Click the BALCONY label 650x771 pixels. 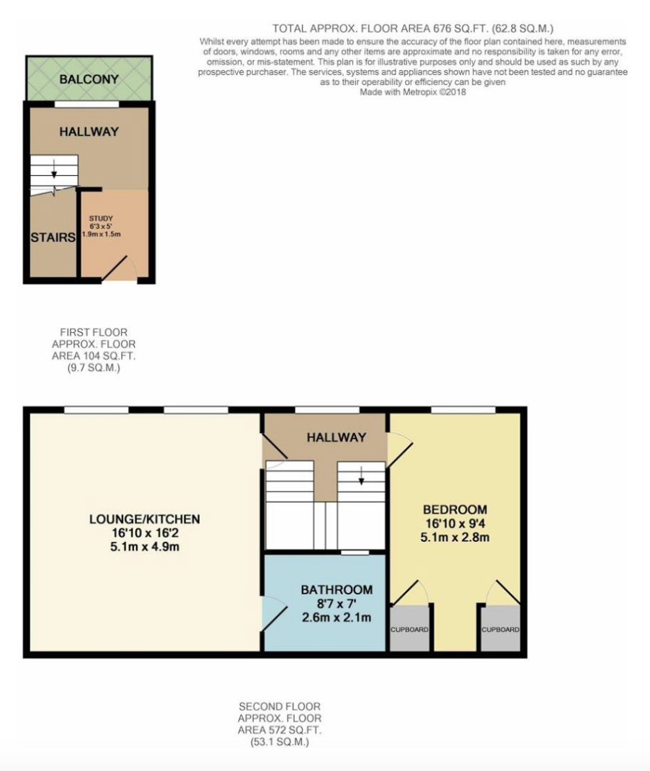[x=89, y=79]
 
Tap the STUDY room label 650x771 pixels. [x=101, y=218]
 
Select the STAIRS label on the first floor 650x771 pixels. [x=53, y=238]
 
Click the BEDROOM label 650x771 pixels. [x=455, y=510]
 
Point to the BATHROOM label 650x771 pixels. [x=337, y=589]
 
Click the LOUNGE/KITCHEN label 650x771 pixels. [x=145, y=520]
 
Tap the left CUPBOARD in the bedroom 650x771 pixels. [x=409, y=629]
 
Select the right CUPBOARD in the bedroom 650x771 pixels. [x=501, y=629]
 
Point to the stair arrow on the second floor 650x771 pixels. [x=361, y=474]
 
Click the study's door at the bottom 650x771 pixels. [x=114, y=269]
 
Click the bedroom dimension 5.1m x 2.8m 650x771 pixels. [x=455, y=538]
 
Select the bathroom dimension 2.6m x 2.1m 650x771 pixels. [x=337, y=618]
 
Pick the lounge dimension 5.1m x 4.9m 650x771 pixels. [x=145, y=547]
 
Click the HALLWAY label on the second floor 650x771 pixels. [x=337, y=437]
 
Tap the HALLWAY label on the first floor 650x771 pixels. [x=89, y=132]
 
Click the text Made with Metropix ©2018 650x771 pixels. [x=413, y=92]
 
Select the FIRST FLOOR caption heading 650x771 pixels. [x=94, y=332]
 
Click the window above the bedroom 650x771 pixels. [x=463, y=410]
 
